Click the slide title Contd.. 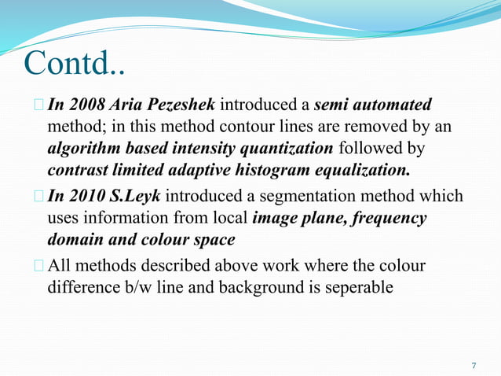tap(75, 64)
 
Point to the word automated tap(393, 105)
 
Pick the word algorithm tap(82, 149)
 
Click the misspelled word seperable tap(354, 287)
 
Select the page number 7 tap(474, 366)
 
